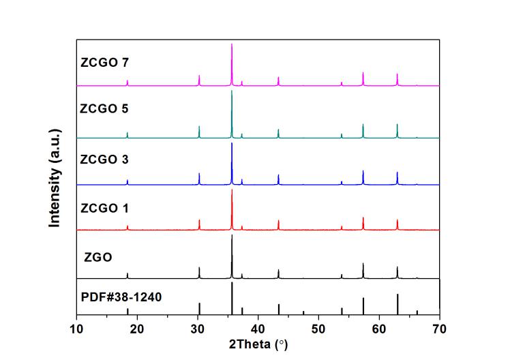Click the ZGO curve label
pyautogui.click(x=98, y=258)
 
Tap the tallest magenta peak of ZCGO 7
pyautogui.click(x=232, y=45)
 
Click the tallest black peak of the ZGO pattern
pyautogui.click(x=232, y=237)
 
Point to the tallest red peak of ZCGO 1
pyautogui.click(x=232, y=191)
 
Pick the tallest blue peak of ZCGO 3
pyautogui.click(x=232, y=144)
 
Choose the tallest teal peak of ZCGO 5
pyautogui.click(x=232, y=93)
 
